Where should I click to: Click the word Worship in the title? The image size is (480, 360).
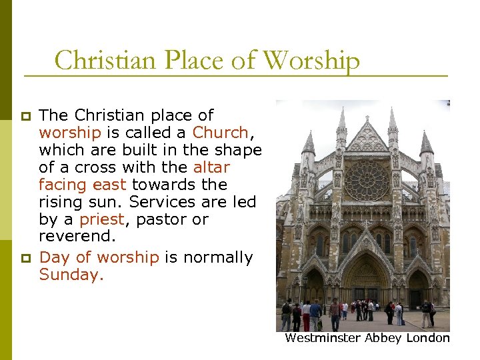click(311, 61)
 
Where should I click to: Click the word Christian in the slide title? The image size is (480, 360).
click(99, 61)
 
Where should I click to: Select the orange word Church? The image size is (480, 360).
click(220, 132)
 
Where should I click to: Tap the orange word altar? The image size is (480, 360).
click(211, 167)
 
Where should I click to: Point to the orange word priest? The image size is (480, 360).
click(101, 219)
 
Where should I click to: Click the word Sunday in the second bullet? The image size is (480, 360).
click(69, 275)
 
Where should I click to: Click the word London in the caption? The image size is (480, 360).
click(428, 338)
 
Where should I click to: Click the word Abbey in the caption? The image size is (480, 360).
click(384, 338)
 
